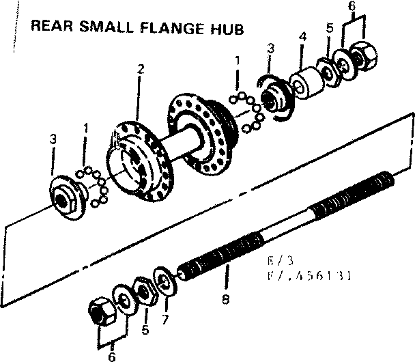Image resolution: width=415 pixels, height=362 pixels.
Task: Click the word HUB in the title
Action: [226, 29]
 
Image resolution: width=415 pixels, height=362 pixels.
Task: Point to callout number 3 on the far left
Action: [53, 140]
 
